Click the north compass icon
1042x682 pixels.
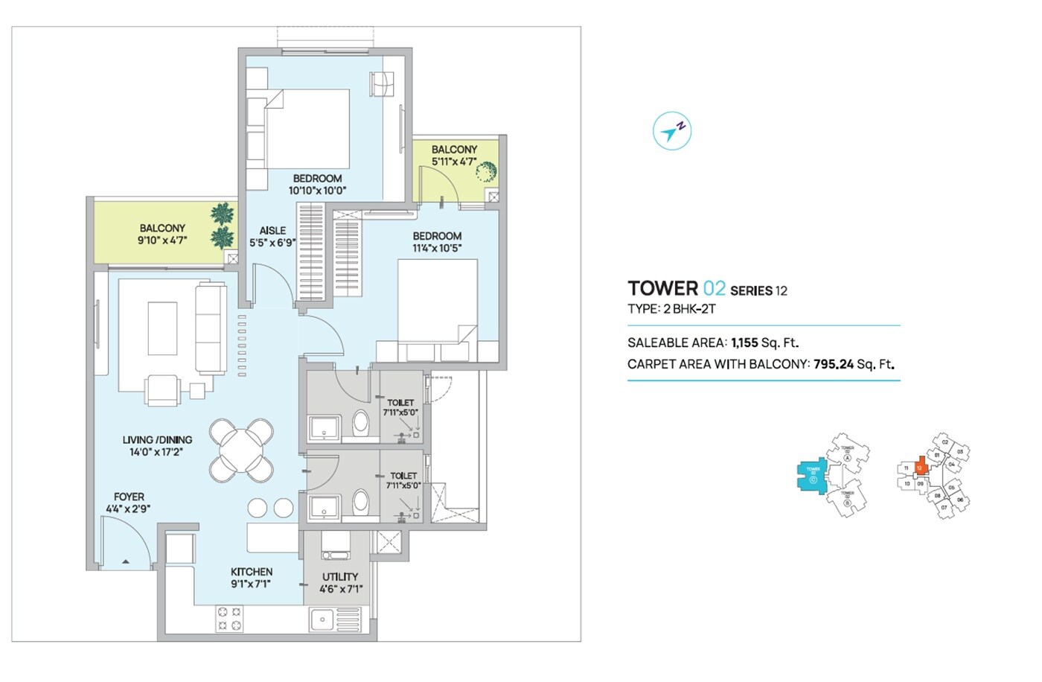pyautogui.click(x=672, y=132)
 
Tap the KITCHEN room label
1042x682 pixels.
pyautogui.click(x=251, y=572)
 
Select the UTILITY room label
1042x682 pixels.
pyautogui.click(x=340, y=576)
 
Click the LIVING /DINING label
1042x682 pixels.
pyautogui.click(x=157, y=440)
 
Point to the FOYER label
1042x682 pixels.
pyautogui.click(x=129, y=497)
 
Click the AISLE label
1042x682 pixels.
pyautogui.click(x=272, y=231)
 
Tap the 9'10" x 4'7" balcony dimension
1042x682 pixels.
pyautogui.click(x=162, y=240)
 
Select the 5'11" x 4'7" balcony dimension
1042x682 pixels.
pyautogui.click(x=453, y=162)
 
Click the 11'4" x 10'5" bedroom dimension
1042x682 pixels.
pyautogui.click(x=437, y=248)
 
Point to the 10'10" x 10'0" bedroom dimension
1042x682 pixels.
pyautogui.click(x=317, y=191)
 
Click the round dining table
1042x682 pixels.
pyautogui.click(x=241, y=450)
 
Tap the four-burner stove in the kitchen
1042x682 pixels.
pyautogui.click(x=228, y=618)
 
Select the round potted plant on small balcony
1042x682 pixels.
pyautogui.click(x=485, y=173)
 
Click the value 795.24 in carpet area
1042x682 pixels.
pyautogui.click(x=833, y=364)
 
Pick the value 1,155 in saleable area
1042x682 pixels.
pyautogui.click(x=744, y=342)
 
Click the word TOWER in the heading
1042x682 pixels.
pyautogui.click(x=662, y=289)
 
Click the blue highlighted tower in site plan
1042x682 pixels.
pyautogui.click(x=812, y=474)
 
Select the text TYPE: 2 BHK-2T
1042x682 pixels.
pyautogui.click(x=671, y=309)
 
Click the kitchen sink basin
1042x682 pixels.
pyautogui.click(x=322, y=618)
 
